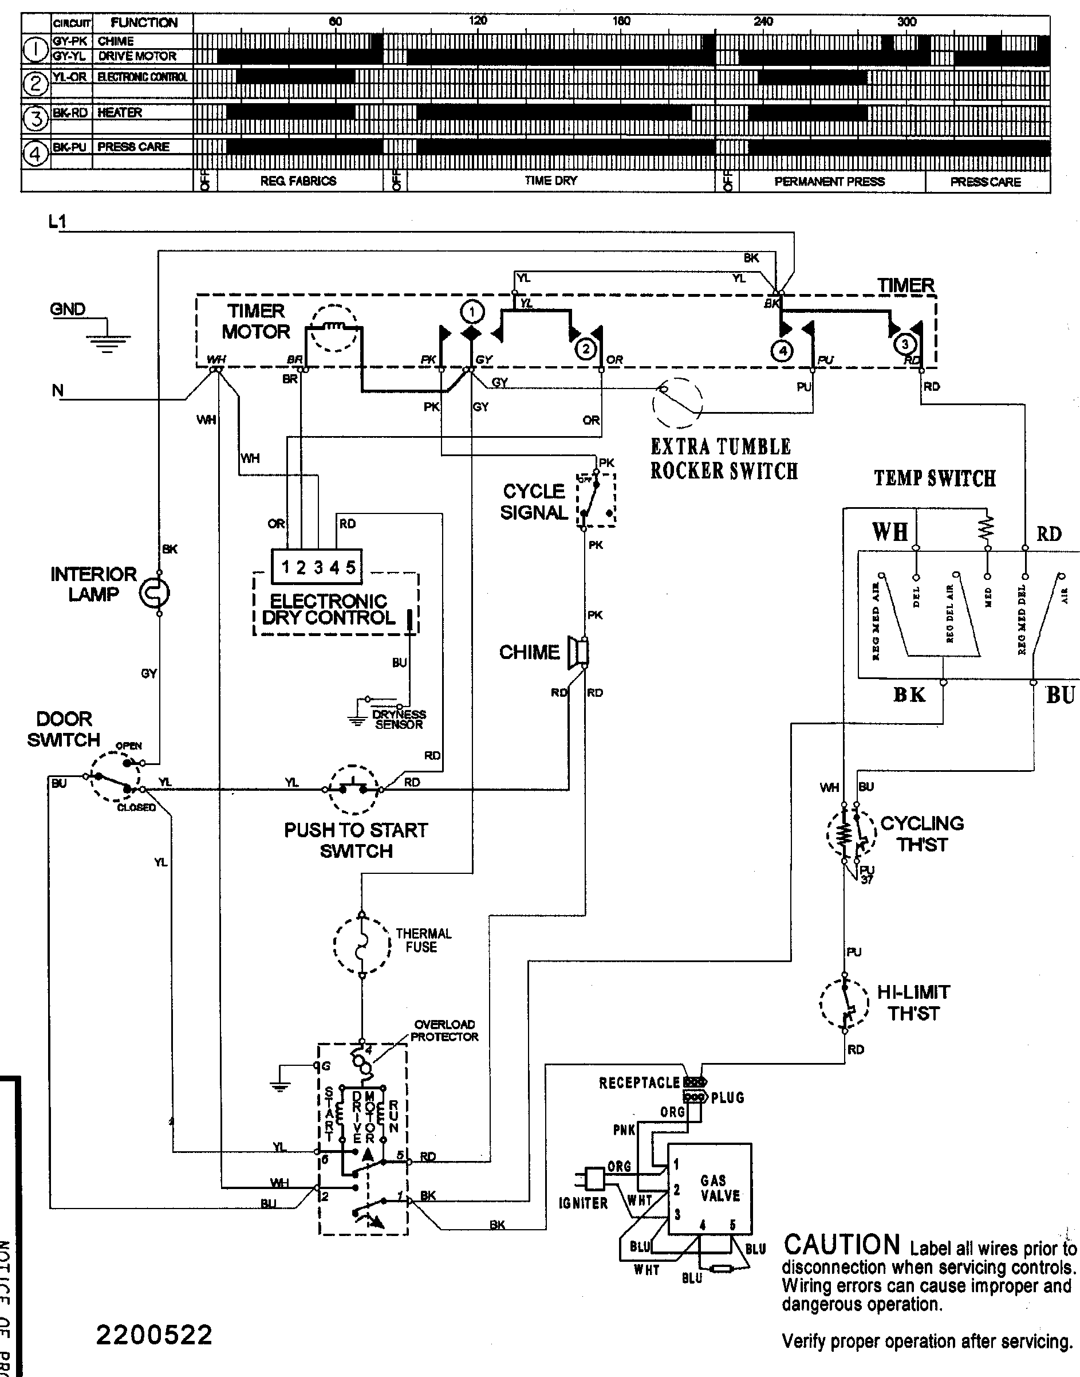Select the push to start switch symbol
tap(354, 789)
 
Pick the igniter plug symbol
tap(593, 1178)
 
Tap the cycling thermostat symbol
tap(851, 833)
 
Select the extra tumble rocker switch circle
tap(677, 403)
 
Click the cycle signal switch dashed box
tap(596, 500)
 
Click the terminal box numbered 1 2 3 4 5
tap(317, 567)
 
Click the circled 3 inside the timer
tap(905, 344)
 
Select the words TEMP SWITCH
tap(935, 478)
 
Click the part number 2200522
tap(153, 1335)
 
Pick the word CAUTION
tap(842, 1245)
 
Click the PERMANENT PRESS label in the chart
tap(829, 182)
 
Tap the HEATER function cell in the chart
tap(120, 113)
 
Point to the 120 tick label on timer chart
tap(478, 21)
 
